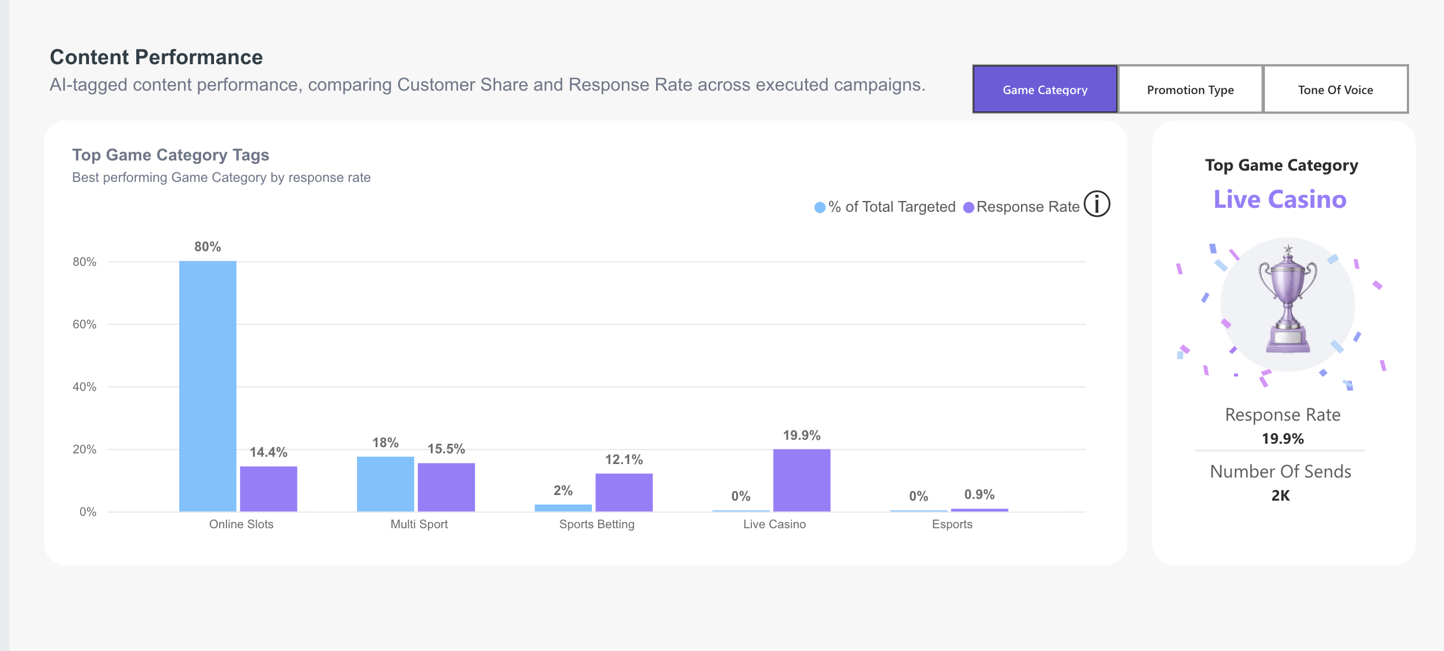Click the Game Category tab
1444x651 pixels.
[x=1045, y=90]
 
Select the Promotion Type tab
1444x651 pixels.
[x=1190, y=90]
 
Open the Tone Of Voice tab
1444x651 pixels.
[x=1335, y=90]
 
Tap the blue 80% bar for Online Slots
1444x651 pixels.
[x=208, y=386]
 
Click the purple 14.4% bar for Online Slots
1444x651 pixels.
[x=269, y=489]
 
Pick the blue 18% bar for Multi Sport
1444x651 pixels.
[x=385, y=484]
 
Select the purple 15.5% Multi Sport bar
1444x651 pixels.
[x=446, y=487]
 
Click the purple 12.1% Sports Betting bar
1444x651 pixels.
[x=624, y=493]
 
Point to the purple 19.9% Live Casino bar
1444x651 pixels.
[x=801, y=480]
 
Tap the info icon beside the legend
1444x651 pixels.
[x=1097, y=204]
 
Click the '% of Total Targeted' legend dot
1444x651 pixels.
[x=820, y=207]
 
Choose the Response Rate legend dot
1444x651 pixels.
[x=969, y=207]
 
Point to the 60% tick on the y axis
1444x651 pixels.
[x=84, y=324]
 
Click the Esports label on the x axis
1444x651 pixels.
[x=952, y=524]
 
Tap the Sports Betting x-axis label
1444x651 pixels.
[x=597, y=524]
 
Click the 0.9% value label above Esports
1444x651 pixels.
[x=979, y=494]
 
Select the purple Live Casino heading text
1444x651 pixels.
[x=1280, y=199]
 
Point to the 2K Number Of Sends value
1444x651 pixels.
[x=1281, y=496]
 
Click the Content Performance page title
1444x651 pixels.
[x=157, y=57]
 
